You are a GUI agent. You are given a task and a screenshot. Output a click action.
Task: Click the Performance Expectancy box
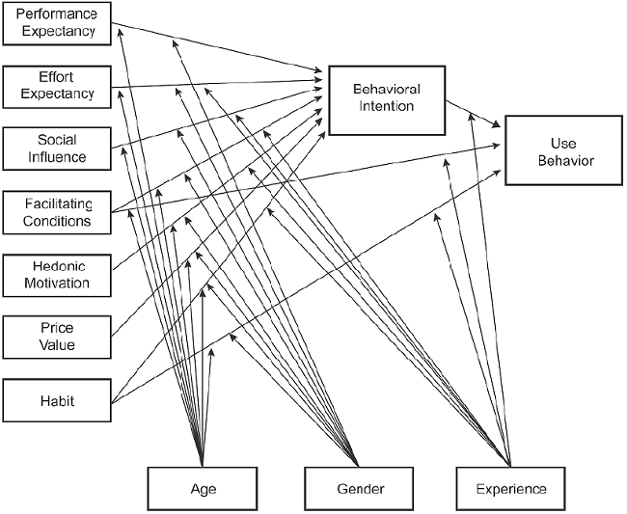(x=57, y=21)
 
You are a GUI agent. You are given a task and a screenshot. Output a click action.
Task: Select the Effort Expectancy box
(x=57, y=86)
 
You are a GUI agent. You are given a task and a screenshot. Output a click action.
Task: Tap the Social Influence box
(x=57, y=148)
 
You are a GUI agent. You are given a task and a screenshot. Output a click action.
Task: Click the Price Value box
(x=57, y=337)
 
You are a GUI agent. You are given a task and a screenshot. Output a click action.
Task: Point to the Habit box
(x=57, y=399)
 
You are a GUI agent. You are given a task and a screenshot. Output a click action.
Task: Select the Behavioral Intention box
(x=386, y=98)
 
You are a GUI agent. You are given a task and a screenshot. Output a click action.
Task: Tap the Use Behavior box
(x=564, y=150)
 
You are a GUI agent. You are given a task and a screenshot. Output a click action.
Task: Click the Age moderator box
(x=203, y=488)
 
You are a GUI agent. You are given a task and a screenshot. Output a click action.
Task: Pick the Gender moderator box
(x=360, y=488)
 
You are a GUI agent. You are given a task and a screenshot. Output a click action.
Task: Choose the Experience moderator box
(x=510, y=488)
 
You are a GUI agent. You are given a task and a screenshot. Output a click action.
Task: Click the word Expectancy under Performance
(x=58, y=30)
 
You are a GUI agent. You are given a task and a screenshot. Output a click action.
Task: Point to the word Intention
(x=386, y=107)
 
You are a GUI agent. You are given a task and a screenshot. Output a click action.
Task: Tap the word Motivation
(x=58, y=284)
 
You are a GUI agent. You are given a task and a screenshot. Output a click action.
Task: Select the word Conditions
(x=58, y=221)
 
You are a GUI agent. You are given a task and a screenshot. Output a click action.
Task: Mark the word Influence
(x=58, y=156)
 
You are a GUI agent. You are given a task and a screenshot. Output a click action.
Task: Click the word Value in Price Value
(x=58, y=345)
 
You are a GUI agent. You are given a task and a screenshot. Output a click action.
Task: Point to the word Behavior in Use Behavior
(x=565, y=159)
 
